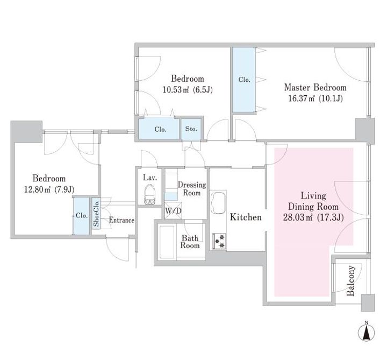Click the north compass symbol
[366, 332]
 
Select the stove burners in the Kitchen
[219, 241]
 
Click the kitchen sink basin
[218, 203]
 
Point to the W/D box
[173, 211]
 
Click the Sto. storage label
[191, 129]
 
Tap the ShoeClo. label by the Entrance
[96, 213]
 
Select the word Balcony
[350, 281]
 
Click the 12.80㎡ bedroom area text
[38, 189]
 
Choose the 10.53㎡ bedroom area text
[176, 90]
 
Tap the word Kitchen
[246, 217]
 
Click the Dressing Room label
[192, 189]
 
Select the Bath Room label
[190, 242]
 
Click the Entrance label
[121, 220]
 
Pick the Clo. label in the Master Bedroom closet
[245, 80]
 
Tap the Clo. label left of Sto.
[160, 129]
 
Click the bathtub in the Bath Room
[168, 242]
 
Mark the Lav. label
[150, 178]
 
